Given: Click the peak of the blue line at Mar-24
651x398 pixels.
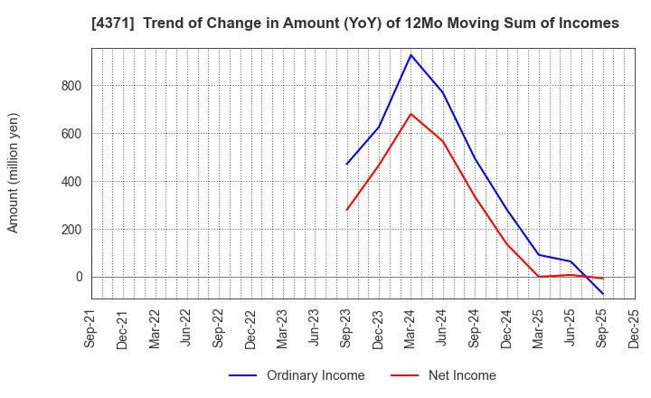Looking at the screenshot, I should tap(410, 55).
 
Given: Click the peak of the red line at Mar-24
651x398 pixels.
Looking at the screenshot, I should tap(410, 114).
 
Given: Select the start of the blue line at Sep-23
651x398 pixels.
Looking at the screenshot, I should tap(346, 165).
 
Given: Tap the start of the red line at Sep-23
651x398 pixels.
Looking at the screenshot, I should tap(346, 211).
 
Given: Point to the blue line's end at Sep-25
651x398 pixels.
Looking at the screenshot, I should tap(603, 294).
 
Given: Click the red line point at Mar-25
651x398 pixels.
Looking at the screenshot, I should tap(539, 277).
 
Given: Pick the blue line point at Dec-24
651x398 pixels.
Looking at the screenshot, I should tap(506, 210).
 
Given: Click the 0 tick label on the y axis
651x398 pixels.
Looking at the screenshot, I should tap(77, 277).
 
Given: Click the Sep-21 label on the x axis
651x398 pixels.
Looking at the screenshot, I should tap(90, 329).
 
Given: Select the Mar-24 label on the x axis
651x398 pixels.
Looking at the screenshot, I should tap(411, 329).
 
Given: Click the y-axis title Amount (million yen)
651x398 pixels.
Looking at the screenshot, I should tap(14, 173).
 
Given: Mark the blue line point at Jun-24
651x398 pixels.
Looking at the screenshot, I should tap(442, 92).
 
